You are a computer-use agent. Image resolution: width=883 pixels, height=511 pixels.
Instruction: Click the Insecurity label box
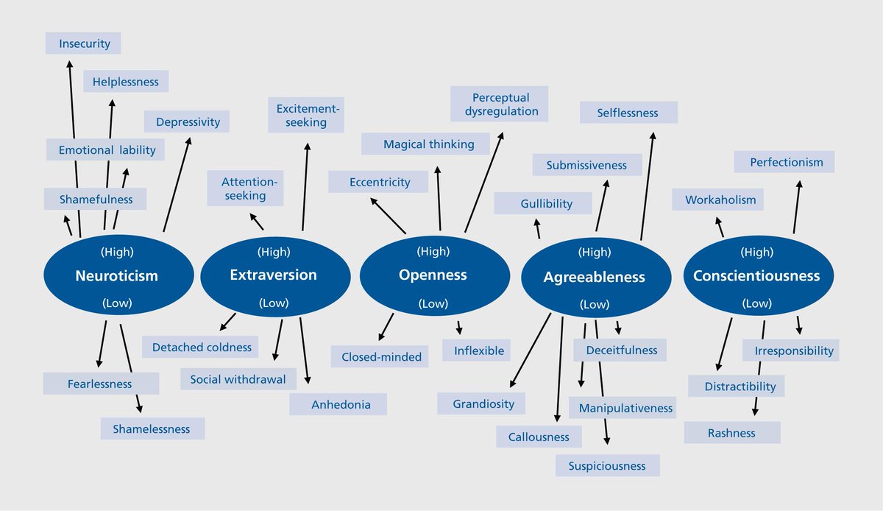[83, 43]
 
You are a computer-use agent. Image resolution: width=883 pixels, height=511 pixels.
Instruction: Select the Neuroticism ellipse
[116, 276]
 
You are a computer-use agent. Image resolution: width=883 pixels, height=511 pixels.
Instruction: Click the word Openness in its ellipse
[433, 275]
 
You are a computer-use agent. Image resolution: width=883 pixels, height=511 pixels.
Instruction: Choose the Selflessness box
[628, 113]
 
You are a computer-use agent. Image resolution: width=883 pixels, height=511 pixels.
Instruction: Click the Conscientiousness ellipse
[756, 276]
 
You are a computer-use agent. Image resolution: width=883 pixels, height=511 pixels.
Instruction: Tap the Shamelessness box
[152, 429]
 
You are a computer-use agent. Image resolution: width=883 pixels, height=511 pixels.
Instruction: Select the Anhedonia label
[338, 404]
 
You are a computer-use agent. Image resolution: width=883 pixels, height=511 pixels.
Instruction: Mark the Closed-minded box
[381, 357]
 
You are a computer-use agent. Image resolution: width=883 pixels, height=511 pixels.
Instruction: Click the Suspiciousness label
[606, 465]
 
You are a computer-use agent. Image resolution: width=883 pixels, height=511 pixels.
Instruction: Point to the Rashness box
[731, 433]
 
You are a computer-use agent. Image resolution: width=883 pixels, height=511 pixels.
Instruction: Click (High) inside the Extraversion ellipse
[274, 252]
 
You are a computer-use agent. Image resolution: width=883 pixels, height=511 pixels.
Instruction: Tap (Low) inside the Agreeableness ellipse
[594, 304]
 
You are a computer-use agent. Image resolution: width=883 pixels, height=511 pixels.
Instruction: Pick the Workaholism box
[720, 200]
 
